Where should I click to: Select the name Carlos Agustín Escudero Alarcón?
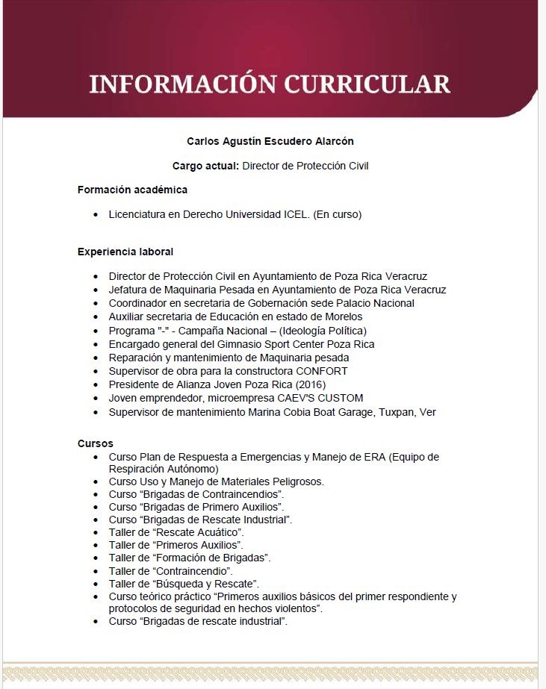[270, 141]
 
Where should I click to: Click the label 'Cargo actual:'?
[205, 166]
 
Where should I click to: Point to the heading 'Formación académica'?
[132, 190]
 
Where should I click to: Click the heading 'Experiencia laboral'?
[125, 252]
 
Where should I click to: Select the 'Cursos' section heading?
[96, 443]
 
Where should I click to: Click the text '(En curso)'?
[338, 215]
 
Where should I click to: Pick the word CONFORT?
[321, 371]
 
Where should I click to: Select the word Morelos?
[341, 317]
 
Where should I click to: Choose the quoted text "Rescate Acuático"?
[199, 532]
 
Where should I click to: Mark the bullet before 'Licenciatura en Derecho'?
[96, 215]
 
